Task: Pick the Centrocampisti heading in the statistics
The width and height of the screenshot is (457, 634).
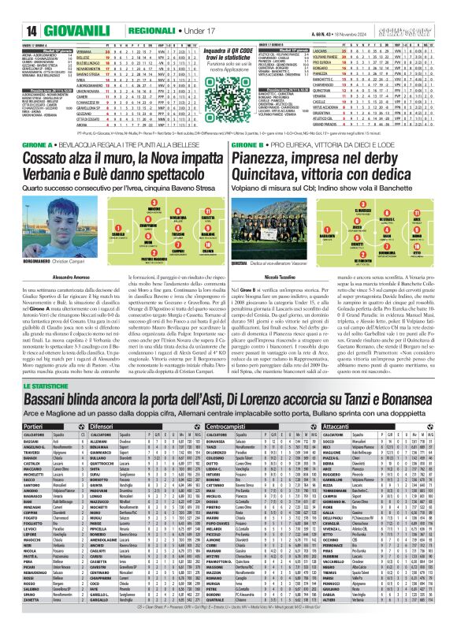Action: click(x=228, y=424)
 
